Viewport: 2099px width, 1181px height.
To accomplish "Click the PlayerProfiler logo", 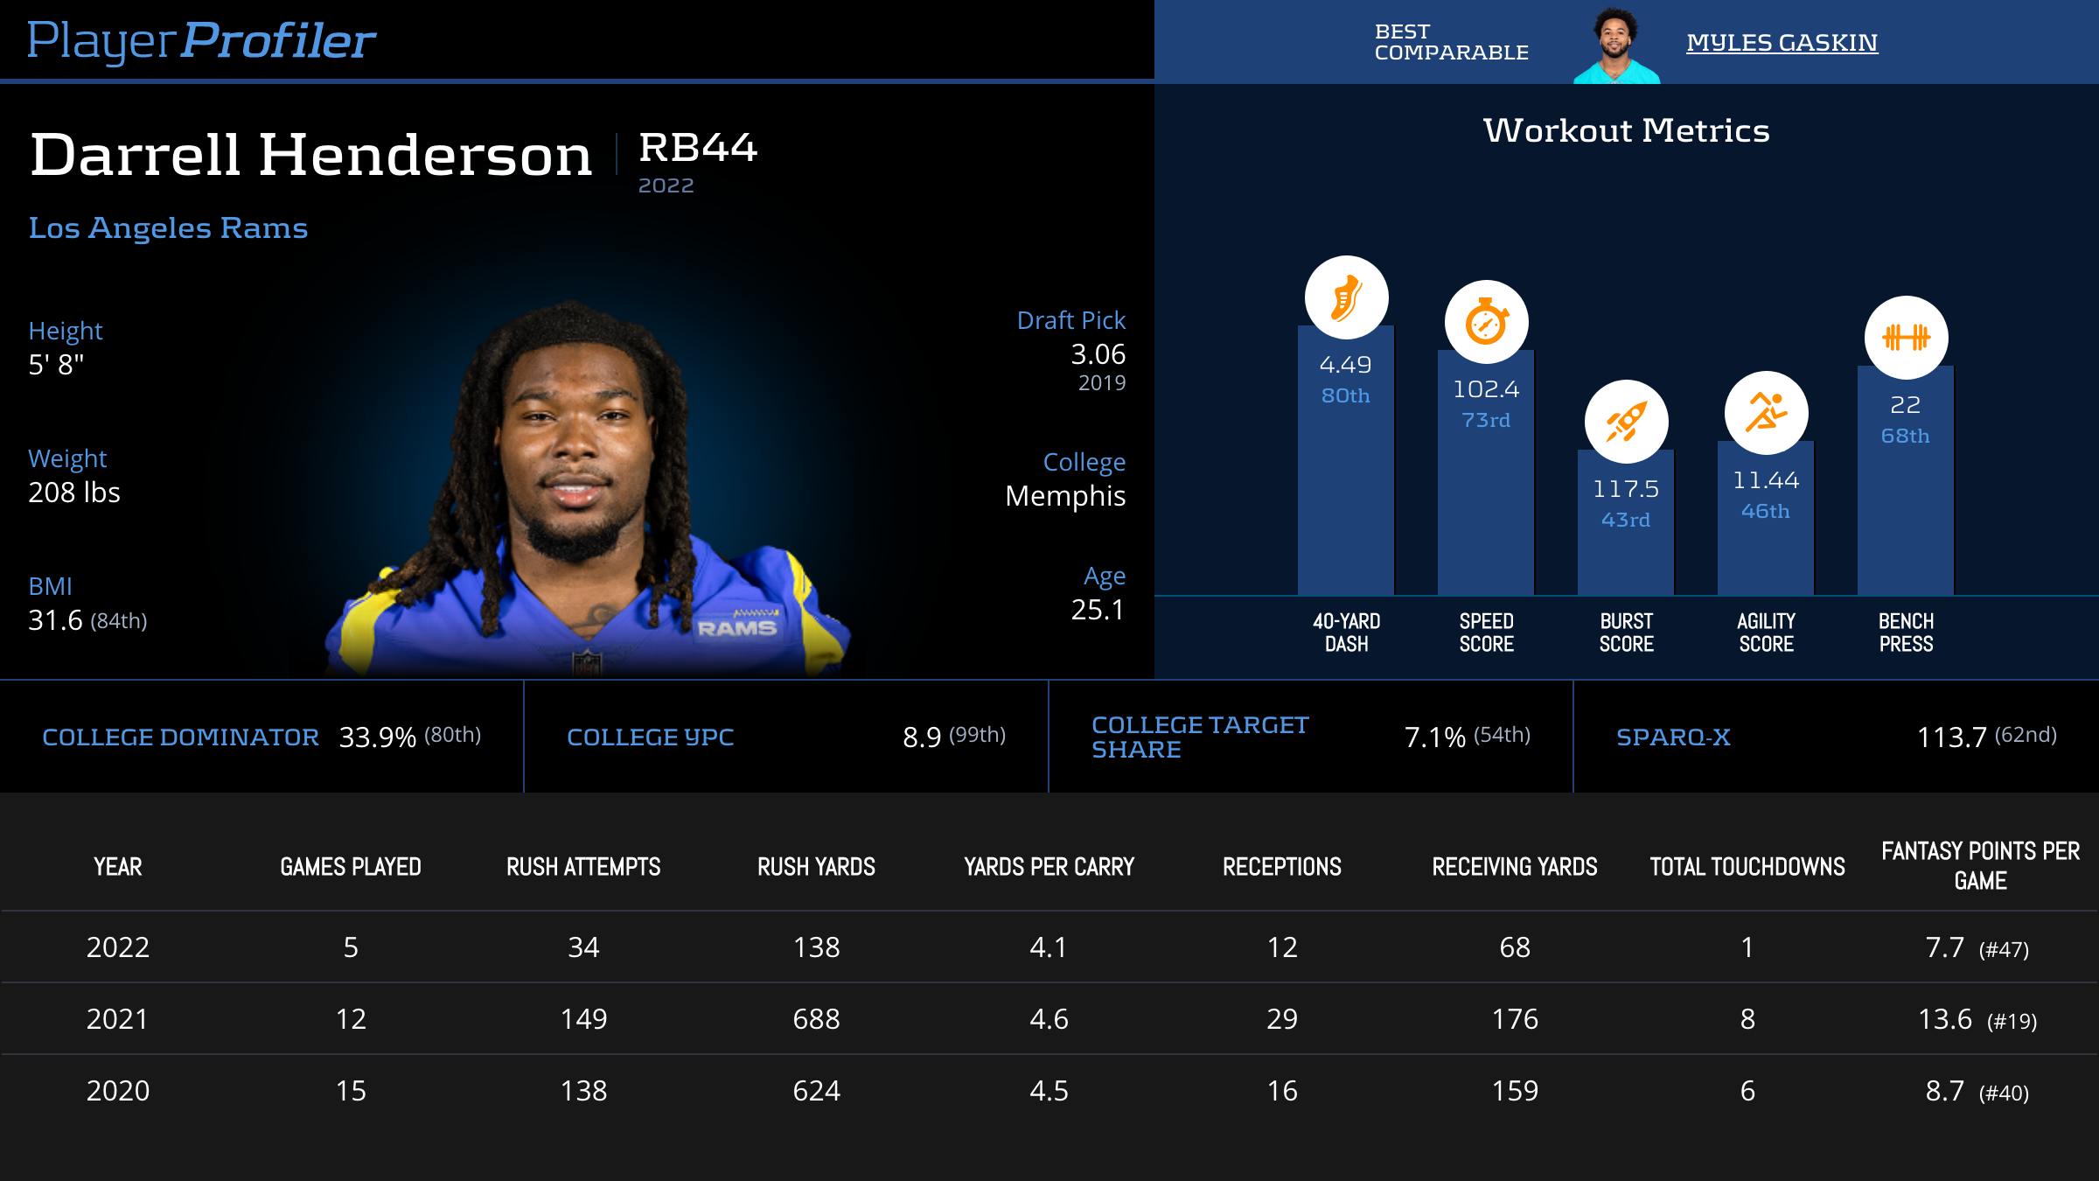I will (x=201, y=41).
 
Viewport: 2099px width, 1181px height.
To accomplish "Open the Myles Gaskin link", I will (x=1782, y=43).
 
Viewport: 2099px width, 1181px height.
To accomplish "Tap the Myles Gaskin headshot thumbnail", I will (x=1615, y=45).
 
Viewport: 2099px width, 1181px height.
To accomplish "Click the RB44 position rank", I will (x=698, y=148).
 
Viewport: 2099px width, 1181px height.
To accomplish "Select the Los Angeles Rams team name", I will (x=168, y=228).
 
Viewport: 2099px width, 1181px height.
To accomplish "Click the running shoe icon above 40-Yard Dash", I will (x=1346, y=297).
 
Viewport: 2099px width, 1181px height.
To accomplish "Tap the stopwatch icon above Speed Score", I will (x=1486, y=322).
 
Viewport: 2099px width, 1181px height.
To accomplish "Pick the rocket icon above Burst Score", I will (x=1626, y=422).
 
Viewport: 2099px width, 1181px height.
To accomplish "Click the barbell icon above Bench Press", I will (x=1906, y=337).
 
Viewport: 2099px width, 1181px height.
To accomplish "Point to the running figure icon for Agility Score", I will (x=1766, y=413).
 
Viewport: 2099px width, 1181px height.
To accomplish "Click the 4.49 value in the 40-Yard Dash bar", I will (x=1345, y=365).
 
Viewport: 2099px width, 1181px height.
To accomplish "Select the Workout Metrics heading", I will (x=1626, y=131).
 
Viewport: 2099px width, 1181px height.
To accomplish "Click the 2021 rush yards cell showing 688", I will (x=816, y=1019).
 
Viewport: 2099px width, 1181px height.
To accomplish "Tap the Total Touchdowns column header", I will (x=1747, y=867).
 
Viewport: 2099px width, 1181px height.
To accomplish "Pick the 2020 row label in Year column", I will (x=118, y=1091).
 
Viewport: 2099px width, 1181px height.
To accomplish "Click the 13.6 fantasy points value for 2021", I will (x=1945, y=1019).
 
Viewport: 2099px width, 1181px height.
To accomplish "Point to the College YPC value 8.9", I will (x=922, y=737).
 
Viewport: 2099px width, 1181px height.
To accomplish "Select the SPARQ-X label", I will (x=1673, y=737).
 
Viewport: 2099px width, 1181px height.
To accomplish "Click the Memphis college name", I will (x=1065, y=496).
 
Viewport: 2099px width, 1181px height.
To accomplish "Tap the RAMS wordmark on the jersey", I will (x=736, y=628).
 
